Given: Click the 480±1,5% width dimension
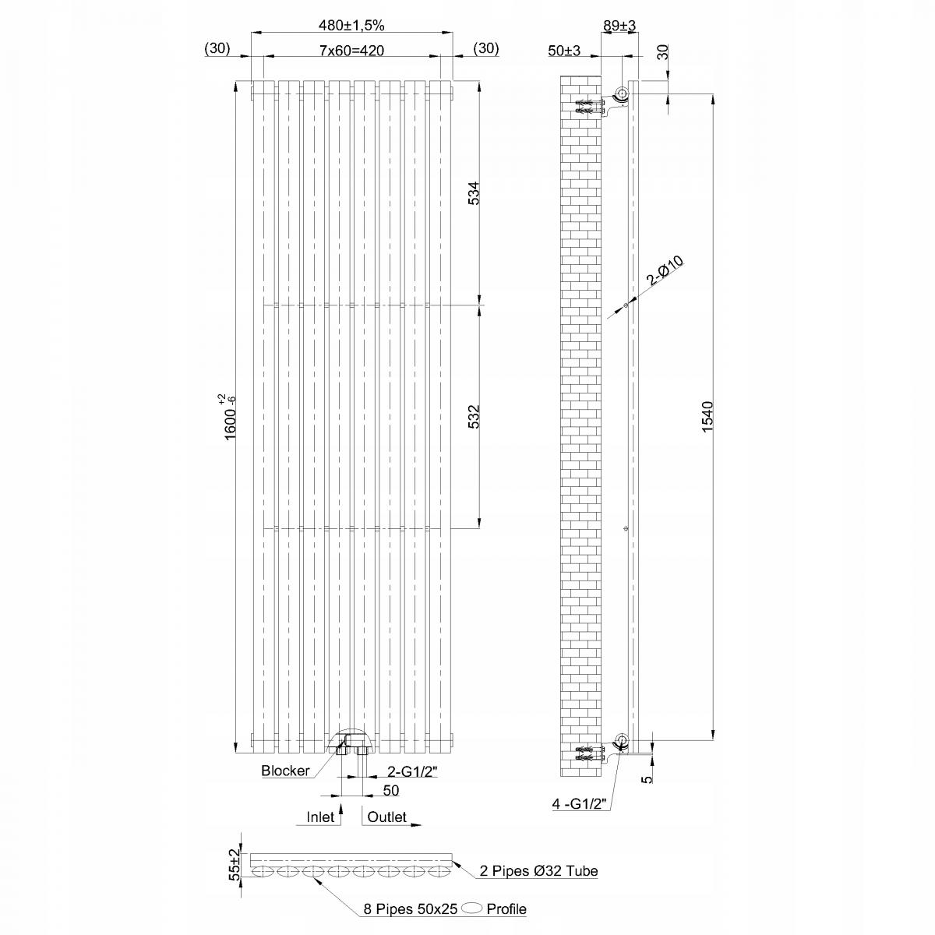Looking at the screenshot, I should [351, 25].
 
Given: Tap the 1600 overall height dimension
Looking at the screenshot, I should [231, 418].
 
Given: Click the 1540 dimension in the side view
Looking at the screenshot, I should [708, 418].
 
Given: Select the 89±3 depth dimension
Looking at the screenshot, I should [620, 25].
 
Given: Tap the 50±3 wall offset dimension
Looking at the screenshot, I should [564, 51].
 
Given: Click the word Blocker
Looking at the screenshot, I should [285, 771].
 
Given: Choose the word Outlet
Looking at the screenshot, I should [386, 817].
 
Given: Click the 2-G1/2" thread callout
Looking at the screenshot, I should [414, 772].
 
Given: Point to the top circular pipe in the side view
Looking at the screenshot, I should [622, 95].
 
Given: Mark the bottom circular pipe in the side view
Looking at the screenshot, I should [622, 739].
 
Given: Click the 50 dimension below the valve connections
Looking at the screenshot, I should [391, 790].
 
